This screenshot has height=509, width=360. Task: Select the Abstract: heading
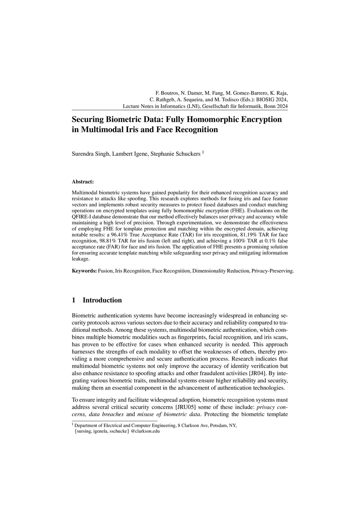[x=83, y=182]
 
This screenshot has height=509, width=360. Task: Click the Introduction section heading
[x=102, y=300]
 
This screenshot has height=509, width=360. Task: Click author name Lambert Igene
[x=129, y=154]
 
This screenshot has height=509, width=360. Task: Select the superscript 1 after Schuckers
[x=203, y=152]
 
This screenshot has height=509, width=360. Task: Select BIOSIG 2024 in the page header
[x=273, y=99]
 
